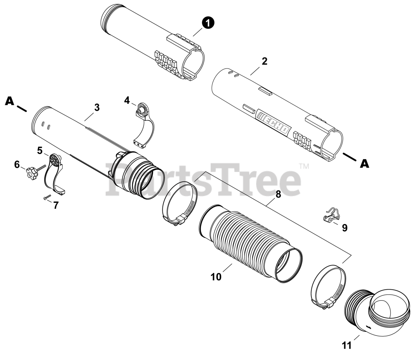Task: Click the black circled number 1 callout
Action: (x=208, y=23)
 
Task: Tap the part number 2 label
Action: (x=265, y=61)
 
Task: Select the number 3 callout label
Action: (x=97, y=108)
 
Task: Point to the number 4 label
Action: (x=127, y=100)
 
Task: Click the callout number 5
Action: (x=40, y=150)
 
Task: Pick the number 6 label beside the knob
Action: (x=17, y=165)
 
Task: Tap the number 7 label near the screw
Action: (x=56, y=205)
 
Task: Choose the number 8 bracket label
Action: (x=278, y=195)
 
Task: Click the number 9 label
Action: (x=345, y=228)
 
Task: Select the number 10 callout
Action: (x=216, y=277)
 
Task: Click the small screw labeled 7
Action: (x=47, y=197)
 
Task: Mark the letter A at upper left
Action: (x=10, y=101)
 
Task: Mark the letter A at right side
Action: (x=365, y=164)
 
